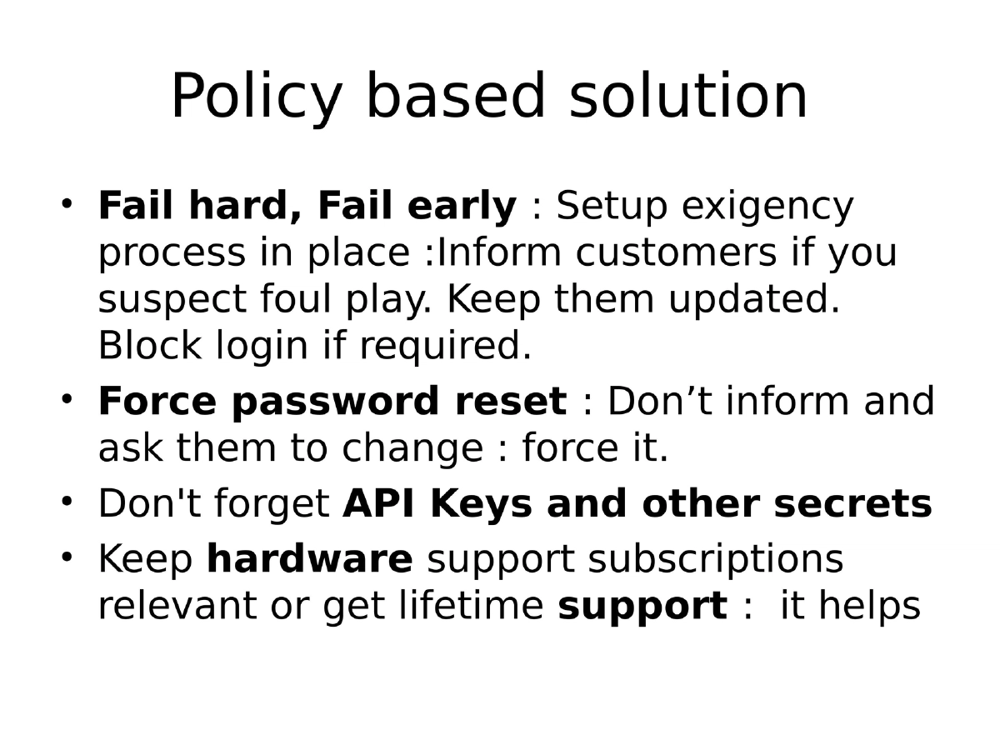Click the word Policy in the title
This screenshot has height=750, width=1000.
click(257, 97)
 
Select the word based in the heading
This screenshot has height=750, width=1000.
click(455, 97)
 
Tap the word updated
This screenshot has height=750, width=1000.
click(753, 300)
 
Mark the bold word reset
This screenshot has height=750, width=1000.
click(510, 402)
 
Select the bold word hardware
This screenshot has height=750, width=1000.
click(309, 559)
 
